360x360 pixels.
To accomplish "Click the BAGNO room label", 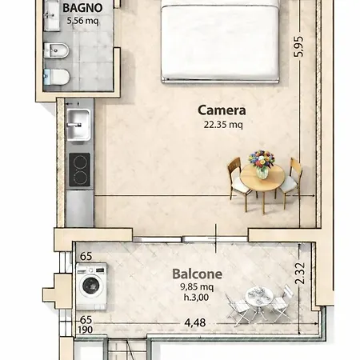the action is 82,8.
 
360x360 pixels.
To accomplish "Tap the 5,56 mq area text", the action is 82,21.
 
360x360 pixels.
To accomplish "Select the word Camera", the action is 222,110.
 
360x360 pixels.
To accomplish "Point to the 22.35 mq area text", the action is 223,125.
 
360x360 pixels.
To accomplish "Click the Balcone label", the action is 197,274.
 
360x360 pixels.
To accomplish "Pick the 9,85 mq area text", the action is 197,287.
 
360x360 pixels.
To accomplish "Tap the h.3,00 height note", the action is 196,297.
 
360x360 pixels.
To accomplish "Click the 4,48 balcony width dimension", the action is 195,323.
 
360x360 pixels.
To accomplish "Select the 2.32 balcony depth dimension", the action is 300,274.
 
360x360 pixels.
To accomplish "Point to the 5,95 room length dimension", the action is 298,46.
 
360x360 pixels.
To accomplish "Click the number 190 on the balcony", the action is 86,330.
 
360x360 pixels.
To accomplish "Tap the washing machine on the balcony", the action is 91,286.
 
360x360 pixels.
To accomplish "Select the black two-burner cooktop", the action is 79,170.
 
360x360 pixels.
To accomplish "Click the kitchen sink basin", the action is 78,125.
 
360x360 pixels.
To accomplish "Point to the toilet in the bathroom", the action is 57,77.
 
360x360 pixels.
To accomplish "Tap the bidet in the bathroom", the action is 56,50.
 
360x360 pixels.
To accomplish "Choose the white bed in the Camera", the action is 220,42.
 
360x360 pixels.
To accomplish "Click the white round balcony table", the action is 259,297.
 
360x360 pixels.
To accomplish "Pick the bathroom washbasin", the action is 52,15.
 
